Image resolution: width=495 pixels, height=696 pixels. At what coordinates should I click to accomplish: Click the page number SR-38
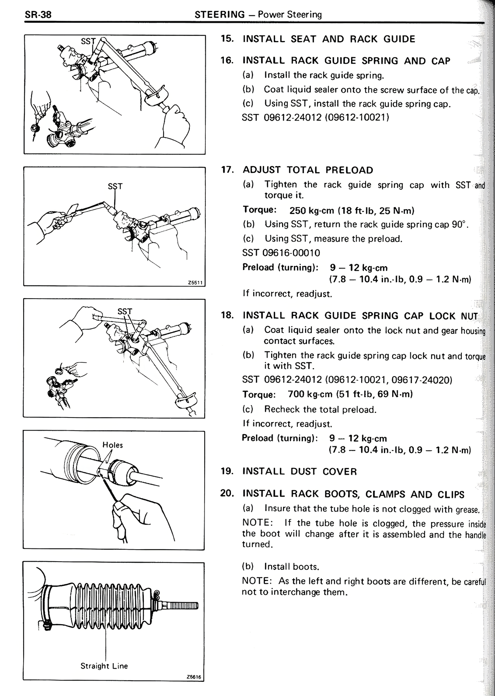coord(38,15)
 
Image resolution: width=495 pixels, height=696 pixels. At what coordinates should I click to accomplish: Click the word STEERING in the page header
coord(220,15)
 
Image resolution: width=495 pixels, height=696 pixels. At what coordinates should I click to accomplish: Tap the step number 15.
coord(227,39)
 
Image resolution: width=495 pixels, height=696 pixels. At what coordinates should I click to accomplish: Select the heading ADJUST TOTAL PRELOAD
coord(308,170)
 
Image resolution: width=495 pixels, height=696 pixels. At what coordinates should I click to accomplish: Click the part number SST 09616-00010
coord(281,253)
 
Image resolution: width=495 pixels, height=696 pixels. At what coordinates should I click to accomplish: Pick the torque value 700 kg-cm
coord(310,394)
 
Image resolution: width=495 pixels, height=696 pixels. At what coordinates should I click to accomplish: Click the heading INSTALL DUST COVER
coord(300,471)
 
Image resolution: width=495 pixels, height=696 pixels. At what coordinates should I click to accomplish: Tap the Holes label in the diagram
coord(113,445)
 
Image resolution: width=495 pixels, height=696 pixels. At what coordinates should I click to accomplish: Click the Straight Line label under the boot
coord(104,666)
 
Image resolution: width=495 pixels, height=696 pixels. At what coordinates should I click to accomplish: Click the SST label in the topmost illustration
coord(88,41)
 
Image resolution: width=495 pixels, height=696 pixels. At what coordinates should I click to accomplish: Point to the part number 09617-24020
coord(421,380)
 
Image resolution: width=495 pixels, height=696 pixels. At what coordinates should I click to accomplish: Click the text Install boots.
coord(292,567)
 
